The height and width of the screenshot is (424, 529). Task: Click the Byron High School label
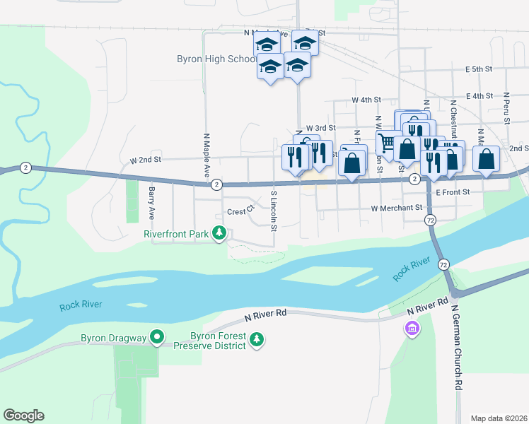tap(216, 59)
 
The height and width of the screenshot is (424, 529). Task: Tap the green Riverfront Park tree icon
tap(220, 232)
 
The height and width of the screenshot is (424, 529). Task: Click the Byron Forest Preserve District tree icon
tap(257, 341)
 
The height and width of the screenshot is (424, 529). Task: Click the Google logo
tap(23, 416)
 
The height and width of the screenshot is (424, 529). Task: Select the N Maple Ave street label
tap(207, 155)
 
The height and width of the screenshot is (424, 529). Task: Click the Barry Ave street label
tap(151, 201)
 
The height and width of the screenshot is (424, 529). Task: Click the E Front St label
tap(453, 192)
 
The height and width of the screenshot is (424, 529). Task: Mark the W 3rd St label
tap(320, 127)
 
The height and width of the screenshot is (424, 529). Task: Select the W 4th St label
tap(368, 100)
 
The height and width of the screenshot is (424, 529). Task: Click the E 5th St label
tap(479, 69)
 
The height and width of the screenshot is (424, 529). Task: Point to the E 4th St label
tap(479, 96)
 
